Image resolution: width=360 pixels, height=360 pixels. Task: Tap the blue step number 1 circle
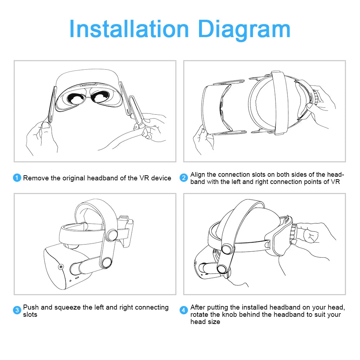tap(17, 178)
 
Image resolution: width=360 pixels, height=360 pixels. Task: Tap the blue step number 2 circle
tap(184, 178)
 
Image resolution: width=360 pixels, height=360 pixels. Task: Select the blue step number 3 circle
tap(17, 310)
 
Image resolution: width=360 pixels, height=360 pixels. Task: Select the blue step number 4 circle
tap(184, 310)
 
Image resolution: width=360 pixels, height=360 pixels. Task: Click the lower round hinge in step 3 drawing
tap(107, 264)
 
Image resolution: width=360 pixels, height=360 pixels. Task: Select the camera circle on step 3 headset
tap(60, 267)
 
